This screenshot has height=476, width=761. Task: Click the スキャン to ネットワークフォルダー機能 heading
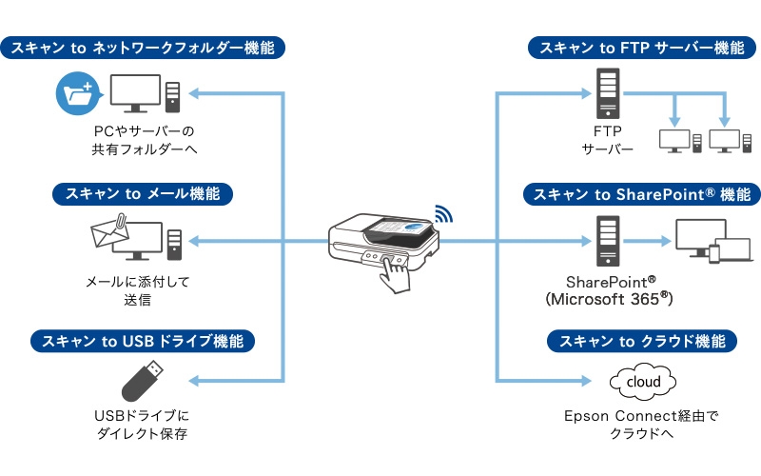pos(144,47)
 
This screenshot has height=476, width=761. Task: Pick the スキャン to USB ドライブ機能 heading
pos(144,341)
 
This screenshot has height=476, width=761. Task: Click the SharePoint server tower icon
pos(607,240)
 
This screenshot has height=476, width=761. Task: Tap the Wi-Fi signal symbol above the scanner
pos(443,213)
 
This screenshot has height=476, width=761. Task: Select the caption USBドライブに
pos(143,416)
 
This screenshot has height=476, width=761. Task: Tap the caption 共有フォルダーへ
pos(143,149)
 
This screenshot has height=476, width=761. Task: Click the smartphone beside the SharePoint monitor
pos(715,253)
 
